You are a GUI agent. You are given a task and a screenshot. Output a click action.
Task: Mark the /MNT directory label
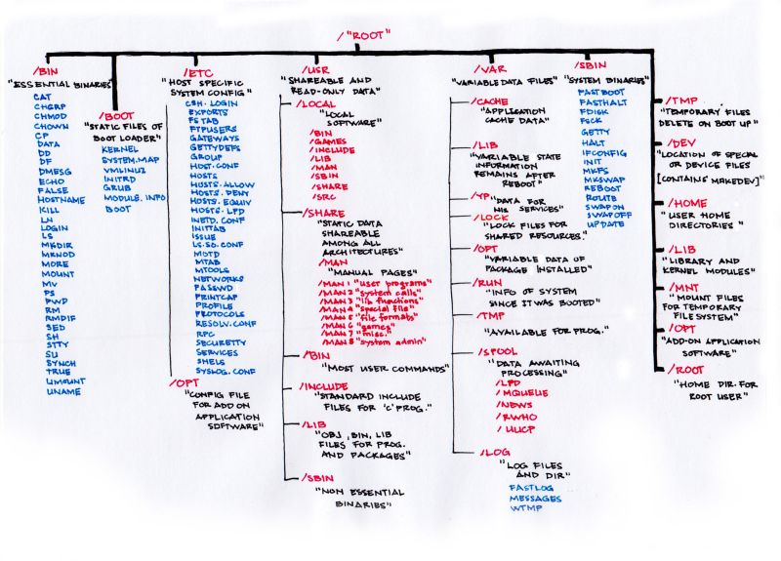pos(682,288)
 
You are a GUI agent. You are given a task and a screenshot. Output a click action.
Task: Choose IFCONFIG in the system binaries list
pos(602,153)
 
